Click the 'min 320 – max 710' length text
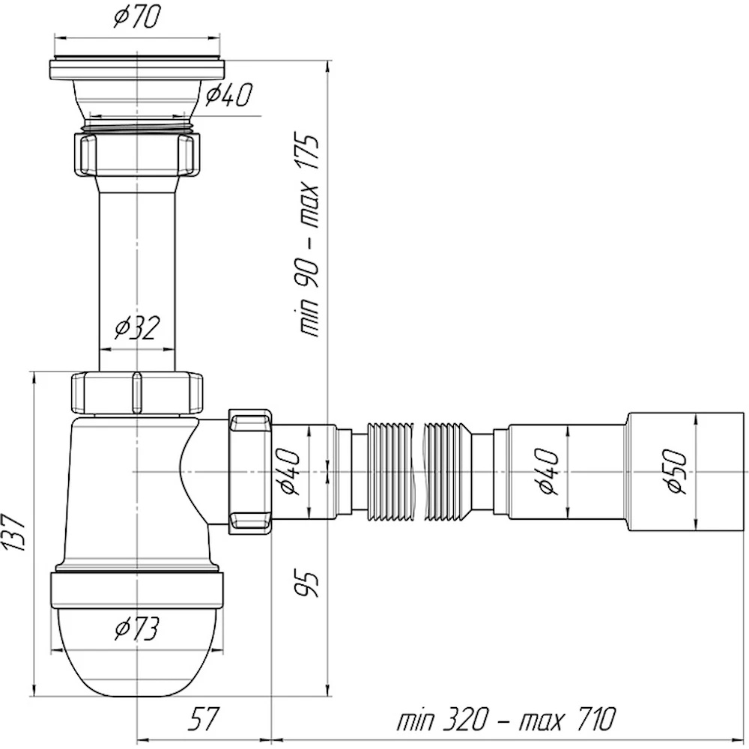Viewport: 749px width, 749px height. coord(506,718)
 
